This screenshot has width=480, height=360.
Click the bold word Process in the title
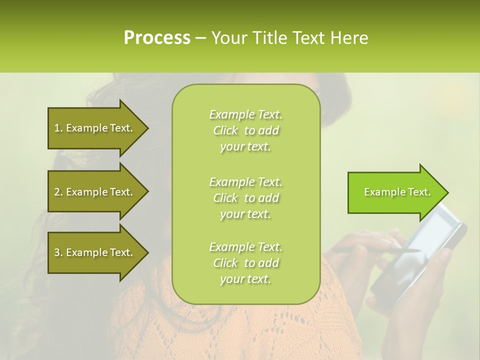[x=157, y=38]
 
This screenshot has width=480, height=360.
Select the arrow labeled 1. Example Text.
[x=95, y=128]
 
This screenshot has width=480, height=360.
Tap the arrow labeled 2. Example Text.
[x=95, y=192]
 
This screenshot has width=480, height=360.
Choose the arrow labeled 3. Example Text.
[x=95, y=252]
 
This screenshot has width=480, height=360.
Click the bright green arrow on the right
[x=395, y=192]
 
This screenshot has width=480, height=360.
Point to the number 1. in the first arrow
[x=58, y=128]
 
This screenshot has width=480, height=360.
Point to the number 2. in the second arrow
[x=58, y=192]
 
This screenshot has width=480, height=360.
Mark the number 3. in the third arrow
[x=58, y=252]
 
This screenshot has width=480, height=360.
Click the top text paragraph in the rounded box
[x=245, y=130]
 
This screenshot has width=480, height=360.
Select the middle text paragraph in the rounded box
[x=245, y=198]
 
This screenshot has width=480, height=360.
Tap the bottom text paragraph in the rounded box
[x=245, y=263]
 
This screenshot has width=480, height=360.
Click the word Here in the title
[x=350, y=38]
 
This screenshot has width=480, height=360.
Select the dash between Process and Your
[x=200, y=38]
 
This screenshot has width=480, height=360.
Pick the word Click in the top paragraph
[x=225, y=130]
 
